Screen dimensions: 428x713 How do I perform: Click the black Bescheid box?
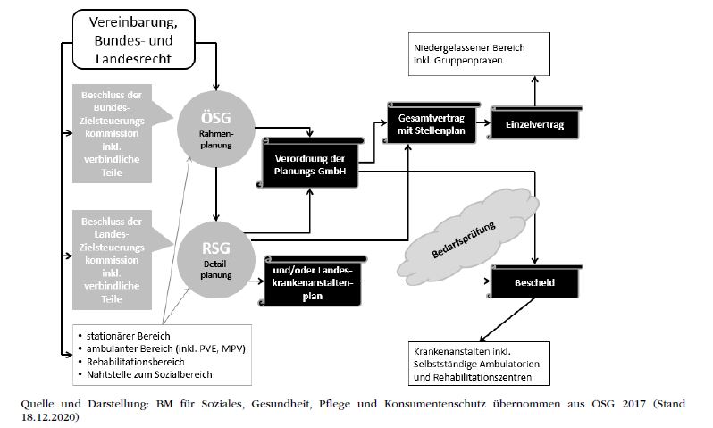(x=534, y=283)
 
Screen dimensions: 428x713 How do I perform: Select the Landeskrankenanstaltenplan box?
(x=310, y=283)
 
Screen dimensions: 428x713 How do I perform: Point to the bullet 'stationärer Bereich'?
(x=125, y=336)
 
